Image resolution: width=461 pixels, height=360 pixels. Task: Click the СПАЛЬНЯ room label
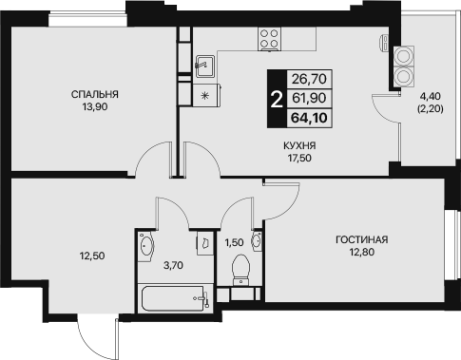point(95,94)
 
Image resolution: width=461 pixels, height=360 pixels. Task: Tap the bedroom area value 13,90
point(95,107)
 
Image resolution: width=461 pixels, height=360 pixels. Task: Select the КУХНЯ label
point(299,145)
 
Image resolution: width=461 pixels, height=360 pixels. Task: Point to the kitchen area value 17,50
point(299,158)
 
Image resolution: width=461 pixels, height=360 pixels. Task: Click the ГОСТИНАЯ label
point(362,239)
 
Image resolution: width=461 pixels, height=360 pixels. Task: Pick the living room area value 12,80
point(362,252)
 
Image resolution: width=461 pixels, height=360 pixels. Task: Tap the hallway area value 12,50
point(92,256)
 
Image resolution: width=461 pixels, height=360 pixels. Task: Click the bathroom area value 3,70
point(173,265)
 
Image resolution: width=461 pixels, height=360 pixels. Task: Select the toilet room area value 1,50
point(234,243)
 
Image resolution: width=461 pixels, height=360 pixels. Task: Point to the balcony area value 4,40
point(431,96)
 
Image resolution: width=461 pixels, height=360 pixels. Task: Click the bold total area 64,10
point(309,118)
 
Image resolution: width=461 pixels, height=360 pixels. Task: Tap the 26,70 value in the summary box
point(309,79)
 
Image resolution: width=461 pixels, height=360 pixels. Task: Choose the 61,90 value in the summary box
point(309,98)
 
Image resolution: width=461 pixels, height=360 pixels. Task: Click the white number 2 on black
point(277,99)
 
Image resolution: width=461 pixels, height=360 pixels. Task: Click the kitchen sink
point(204,66)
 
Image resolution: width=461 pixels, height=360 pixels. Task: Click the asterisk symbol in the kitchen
point(205,95)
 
